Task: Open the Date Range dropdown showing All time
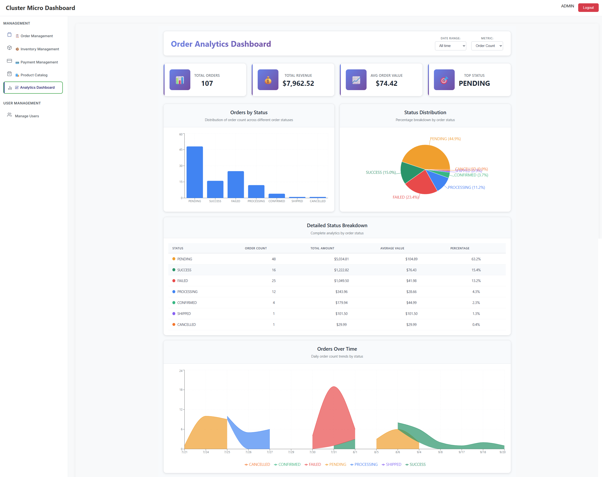pyautogui.click(x=450, y=46)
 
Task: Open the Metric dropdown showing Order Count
pyautogui.click(x=487, y=46)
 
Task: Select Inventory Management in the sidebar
pyautogui.click(x=39, y=49)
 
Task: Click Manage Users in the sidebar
pyautogui.click(x=27, y=116)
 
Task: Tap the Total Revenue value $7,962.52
pyautogui.click(x=298, y=83)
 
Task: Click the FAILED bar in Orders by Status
pyautogui.click(x=235, y=185)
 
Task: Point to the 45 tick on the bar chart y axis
pyautogui.click(x=181, y=150)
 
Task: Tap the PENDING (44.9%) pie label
pyautogui.click(x=445, y=139)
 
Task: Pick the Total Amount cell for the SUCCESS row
pyautogui.click(x=341, y=270)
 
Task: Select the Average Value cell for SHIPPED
pyautogui.click(x=411, y=314)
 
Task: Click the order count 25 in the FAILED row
pyautogui.click(x=273, y=281)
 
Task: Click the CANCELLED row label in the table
pyautogui.click(x=186, y=324)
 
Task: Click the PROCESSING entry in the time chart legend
pyautogui.click(x=366, y=464)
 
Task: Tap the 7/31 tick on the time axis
pyautogui.click(x=333, y=452)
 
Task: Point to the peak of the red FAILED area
pyautogui.click(x=334, y=387)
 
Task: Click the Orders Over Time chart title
pyautogui.click(x=337, y=349)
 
